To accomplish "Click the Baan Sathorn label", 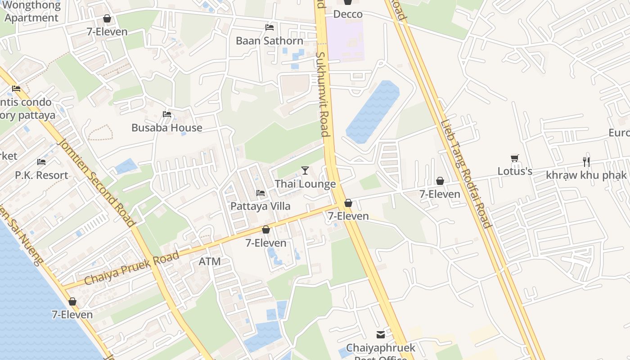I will (x=270, y=41).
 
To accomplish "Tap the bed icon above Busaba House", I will (x=167, y=114).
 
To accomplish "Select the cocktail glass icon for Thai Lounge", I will (x=305, y=170).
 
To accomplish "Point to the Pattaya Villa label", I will (x=260, y=206).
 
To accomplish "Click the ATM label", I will (x=210, y=261).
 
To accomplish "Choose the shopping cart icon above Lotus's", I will (x=515, y=158).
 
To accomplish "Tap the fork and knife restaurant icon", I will (x=586, y=162).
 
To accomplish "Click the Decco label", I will (x=348, y=14).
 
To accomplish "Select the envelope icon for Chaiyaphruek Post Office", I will (x=381, y=335).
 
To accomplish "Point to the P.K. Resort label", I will (x=41, y=175).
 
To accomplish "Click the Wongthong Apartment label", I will (x=31, y=12).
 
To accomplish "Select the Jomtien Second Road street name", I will (x=96, y=182).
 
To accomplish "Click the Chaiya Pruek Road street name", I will (x=131, y=268).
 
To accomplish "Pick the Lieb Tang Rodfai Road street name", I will (x=466, y=174).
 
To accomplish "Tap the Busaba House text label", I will (x=166, y=128).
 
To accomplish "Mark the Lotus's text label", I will (x=515, y=171).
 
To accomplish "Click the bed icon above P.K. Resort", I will (x=41, y=162).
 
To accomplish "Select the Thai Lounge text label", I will (x=305, y=184).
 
